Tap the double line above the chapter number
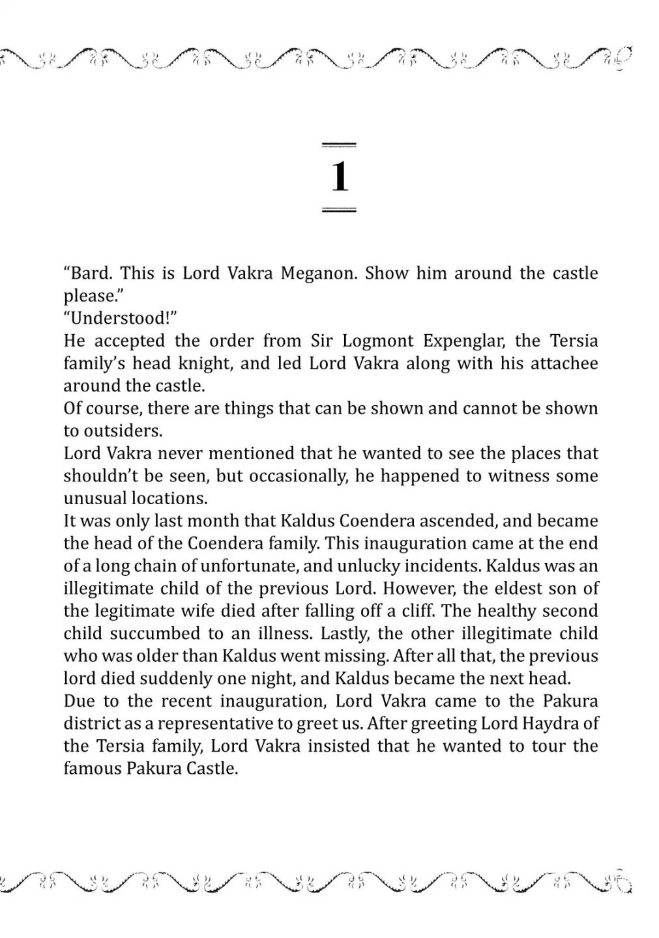[x=340, y=143]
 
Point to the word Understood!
[x=121, y=318]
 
